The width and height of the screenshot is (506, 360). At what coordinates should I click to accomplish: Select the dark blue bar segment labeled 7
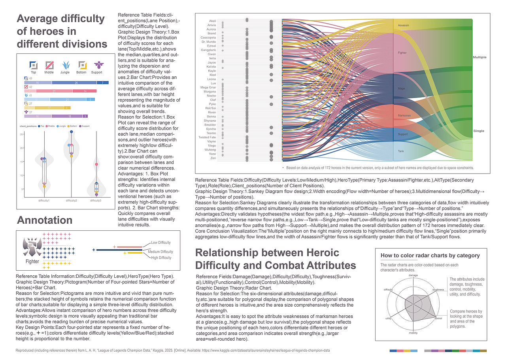pos(103,83)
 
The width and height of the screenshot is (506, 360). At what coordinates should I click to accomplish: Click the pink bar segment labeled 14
pos(85,91)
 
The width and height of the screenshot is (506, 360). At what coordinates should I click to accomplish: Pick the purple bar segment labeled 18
pos(70,116)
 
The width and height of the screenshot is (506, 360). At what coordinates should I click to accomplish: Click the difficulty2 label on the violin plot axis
pos(71,201)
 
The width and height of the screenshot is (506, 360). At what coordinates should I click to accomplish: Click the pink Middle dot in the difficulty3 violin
pos(96,164)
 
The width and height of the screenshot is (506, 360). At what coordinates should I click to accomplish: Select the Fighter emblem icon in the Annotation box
pos(32,248)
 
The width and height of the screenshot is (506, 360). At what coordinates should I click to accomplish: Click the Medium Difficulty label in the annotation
pos(160,252)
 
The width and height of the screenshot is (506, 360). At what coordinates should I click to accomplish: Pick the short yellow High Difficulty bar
pos(134,253)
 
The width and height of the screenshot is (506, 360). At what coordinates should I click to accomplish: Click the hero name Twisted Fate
pos(207,137)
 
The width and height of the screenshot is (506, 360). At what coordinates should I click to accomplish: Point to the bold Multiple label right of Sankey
pos(480,58)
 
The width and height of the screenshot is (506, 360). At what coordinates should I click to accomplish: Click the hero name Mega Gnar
pos(208,87)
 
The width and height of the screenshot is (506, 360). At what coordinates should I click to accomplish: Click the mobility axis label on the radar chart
pos(413,333)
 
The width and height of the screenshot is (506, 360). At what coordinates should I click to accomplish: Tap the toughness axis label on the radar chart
pos(438,290)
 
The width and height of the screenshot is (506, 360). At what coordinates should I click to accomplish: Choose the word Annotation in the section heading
pos(45,221)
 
